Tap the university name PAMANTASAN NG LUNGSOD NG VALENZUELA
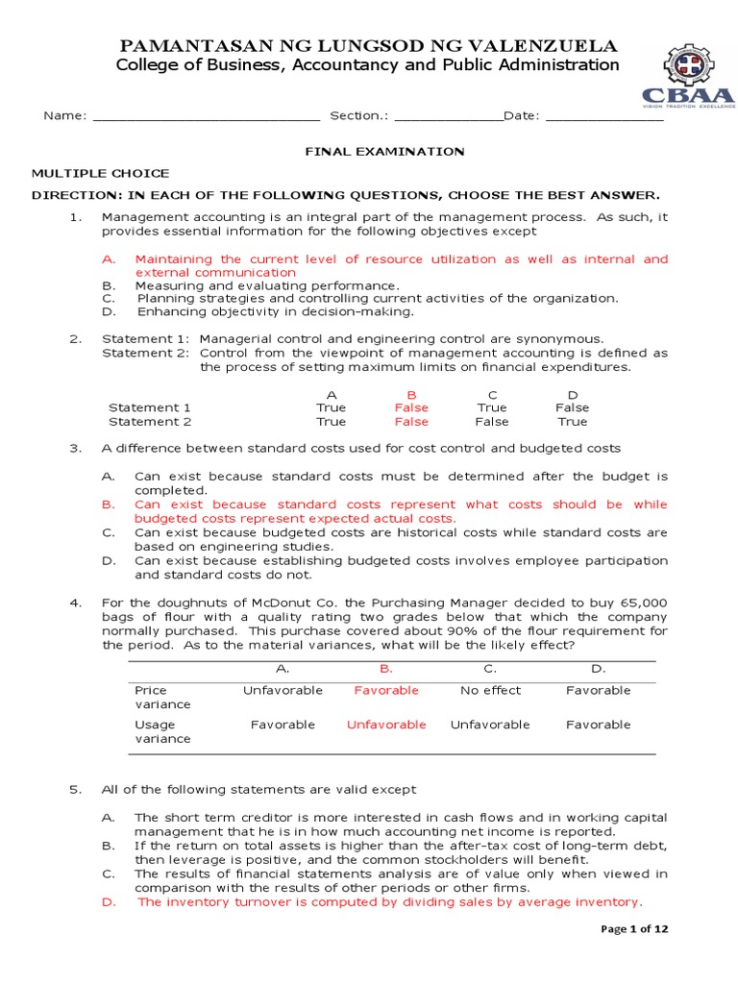pyautogui.click(x=368, y=46)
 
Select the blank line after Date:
pyautogui.click(x=603, y=117)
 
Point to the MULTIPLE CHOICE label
pyautogui.click(x=101, y=173)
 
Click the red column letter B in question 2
pyautogui.click(x=411, y=394)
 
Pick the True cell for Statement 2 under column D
pyautogui.click(x=573, y=422)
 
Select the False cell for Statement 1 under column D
pyautogui.click(x=573, y=407)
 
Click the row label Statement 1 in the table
pyautogui.click(x=150, y=407)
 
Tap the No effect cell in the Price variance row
pyautogui.click(x=490, y=690)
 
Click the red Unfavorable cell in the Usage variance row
pyautogui.click(x=386, y=725)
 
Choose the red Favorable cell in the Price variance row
pyautogui.click(x=386, y=690)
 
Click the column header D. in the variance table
pyautogui.click(x=598, y=668)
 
